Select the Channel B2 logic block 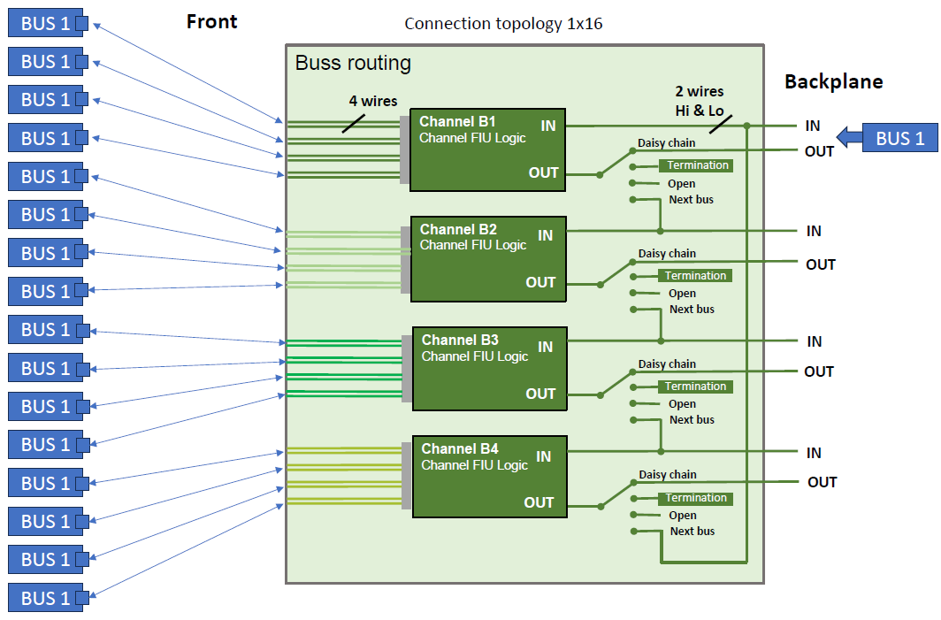point(487,259)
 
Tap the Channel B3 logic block point(488,370)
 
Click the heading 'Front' point(211,22)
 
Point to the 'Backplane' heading point(833,82)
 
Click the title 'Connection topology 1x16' point(503,24)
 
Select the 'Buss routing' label point(353,63)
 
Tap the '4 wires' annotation point(372,102)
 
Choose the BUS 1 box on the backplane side point(899,138)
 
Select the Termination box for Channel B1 point(697,165)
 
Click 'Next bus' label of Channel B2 point(692,310)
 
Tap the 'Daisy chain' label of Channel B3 point(667,364)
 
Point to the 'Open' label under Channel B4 point(682,516)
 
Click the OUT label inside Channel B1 point(543,172)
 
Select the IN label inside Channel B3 point(546,347)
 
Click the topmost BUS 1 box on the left point(46,23)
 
